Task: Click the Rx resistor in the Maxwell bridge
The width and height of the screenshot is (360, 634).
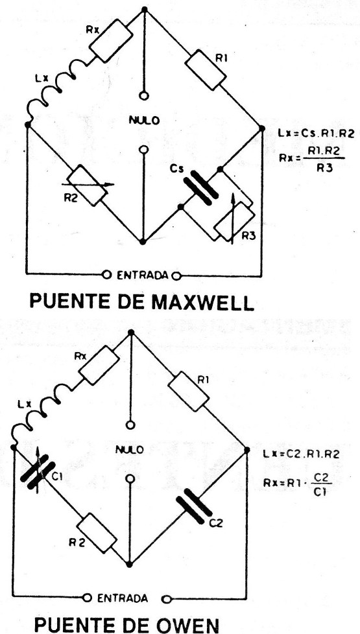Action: point(111,40)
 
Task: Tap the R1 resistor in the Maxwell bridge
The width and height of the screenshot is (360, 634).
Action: point(205,69)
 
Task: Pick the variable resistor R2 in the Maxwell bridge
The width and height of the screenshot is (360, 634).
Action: point(87,185)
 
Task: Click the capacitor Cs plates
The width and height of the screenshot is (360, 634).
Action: point(201,188)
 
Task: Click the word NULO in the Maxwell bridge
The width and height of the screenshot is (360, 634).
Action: point(145,120)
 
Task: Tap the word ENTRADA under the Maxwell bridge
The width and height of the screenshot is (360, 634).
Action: point(143,276)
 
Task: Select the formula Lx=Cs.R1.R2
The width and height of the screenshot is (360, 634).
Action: point(316,134)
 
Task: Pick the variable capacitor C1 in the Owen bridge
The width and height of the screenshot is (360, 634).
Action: point(38,473)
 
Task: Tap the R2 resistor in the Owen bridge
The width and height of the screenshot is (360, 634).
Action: point(97,533)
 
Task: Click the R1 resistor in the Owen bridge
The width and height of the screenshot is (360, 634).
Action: point(188,392)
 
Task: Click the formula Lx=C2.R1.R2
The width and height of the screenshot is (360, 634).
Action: point(301,454)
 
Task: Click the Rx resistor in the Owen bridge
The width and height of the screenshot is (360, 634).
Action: point(99,365)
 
